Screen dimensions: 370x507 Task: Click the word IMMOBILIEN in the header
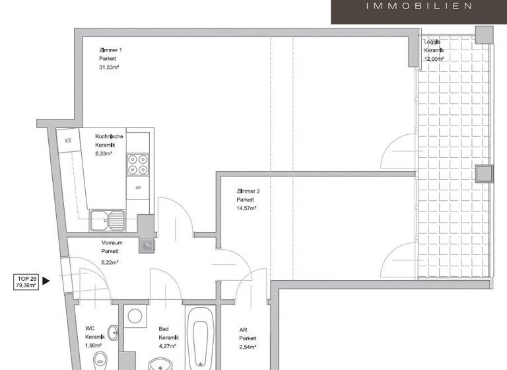(419, 7)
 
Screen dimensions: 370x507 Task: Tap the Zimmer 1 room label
(110, 50)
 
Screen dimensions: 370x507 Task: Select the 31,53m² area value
(109, 67)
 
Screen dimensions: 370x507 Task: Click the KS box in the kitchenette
(68, 140)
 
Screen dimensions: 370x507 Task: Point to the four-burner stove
(138, 164)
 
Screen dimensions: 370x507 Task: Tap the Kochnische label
(109, 136)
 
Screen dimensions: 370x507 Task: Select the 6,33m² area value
(104, 153)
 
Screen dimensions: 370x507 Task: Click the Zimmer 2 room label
(248, 191)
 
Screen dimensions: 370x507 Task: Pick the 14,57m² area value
(247, 208)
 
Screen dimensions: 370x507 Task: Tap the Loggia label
(433, 42)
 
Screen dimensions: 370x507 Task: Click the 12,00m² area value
(434, 59)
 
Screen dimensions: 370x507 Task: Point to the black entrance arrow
(46, 281)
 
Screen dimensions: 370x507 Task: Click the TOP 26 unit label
(26, 278)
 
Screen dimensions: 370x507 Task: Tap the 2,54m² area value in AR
(248, 346)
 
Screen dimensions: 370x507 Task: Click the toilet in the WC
(100, 360)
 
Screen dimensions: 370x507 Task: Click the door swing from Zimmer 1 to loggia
(399, 151)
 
